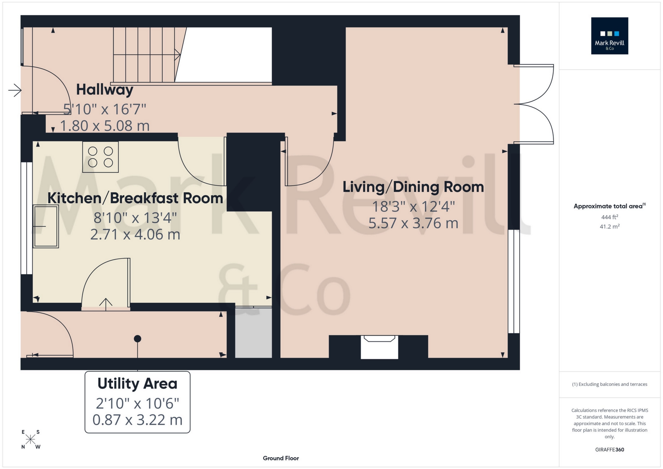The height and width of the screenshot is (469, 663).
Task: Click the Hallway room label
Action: click(104, 90)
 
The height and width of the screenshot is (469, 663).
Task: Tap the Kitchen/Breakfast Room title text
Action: click(135, 198)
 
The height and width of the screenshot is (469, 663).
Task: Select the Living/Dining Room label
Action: click(413, 187)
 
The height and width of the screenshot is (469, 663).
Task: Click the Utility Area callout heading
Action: click(137, 384)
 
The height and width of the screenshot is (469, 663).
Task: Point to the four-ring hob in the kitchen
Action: click(100, 157)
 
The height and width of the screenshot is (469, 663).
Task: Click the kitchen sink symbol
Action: click(46, 226)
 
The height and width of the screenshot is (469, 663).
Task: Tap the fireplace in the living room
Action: click(379, 347)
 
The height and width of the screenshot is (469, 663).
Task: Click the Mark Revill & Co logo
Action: click(609, 36)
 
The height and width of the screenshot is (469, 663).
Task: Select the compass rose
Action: click(30, 439)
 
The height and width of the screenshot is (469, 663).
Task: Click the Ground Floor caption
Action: click(281, 458)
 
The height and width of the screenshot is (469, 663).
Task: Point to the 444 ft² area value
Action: click(609, 217)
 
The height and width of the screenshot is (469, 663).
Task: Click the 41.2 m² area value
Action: click(609, 226)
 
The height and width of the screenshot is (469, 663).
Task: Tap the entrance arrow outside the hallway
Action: click(15, 90)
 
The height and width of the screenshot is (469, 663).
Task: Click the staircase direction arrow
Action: click(177, 55)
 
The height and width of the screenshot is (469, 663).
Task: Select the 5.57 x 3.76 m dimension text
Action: click(413, 224)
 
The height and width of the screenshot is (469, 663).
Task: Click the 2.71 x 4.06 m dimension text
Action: click(135, 235)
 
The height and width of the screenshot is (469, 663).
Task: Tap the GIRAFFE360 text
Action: click(609, 450)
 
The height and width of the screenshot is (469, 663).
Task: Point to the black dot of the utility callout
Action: click(138, 339)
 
